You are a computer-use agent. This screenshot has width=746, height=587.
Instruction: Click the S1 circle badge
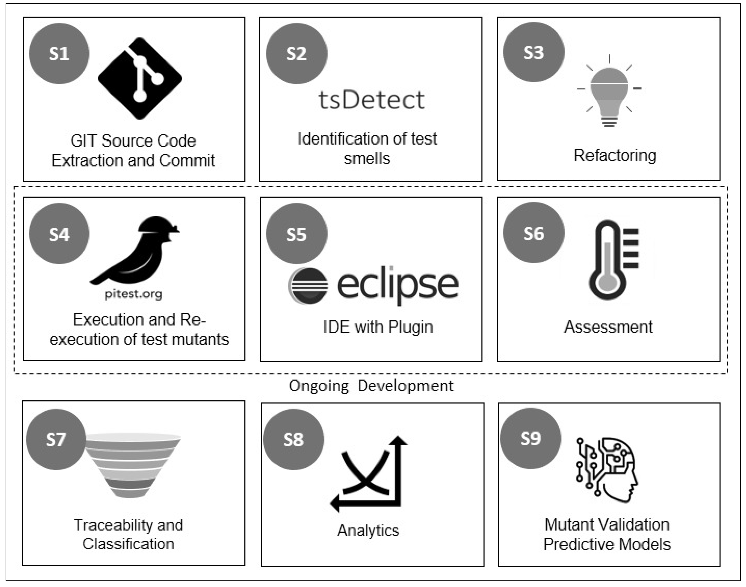[59, 54]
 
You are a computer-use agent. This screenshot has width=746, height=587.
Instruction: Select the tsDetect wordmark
[372, 100]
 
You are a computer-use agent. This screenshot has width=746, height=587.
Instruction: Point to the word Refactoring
[615, 155]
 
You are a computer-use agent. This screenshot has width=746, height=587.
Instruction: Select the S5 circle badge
[297, 234]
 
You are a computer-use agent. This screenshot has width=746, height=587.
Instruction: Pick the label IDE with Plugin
[378, 327]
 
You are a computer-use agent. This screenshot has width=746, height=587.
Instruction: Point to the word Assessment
[608, 327]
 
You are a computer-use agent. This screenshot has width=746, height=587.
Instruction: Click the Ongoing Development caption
[371, 386]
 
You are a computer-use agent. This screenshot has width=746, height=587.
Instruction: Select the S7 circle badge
[56, 439]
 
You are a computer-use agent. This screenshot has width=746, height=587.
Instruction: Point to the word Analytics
[368, 530]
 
